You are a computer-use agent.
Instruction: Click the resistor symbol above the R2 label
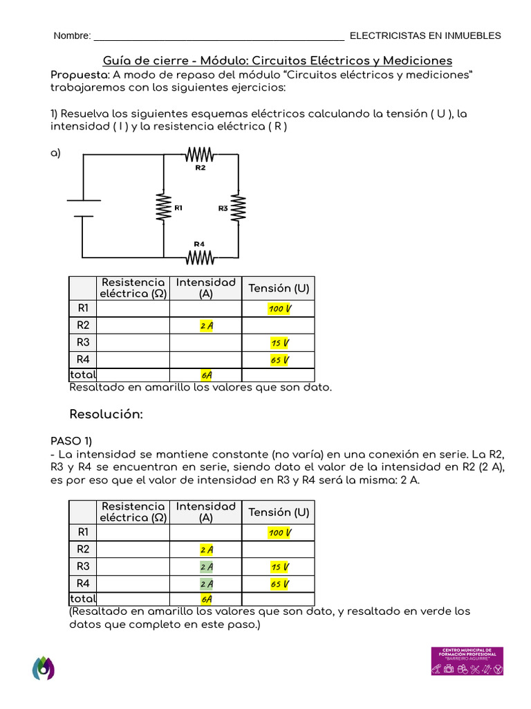coord(201,155)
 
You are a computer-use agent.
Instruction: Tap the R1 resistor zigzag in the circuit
coord(163,207)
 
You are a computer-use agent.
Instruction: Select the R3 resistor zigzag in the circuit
coord(238,208)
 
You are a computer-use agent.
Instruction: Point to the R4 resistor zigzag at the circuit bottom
coord(200,258)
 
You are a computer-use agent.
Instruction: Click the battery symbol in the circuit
coord(83,208)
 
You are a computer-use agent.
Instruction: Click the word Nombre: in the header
coord(72,36)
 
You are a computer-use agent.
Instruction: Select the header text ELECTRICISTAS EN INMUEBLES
coord(425,36)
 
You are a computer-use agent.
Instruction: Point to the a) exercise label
coord(56,153)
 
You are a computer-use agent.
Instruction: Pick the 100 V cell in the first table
coord(279,308)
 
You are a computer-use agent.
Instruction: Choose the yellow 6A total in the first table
coord(206,375)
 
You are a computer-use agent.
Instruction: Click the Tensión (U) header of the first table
coord(279,288)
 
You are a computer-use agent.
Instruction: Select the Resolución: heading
coord(106,414)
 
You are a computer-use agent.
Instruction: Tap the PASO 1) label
coord(71,441)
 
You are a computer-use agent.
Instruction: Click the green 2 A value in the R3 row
coord(206,567)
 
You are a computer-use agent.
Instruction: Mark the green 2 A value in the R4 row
coord(206,584)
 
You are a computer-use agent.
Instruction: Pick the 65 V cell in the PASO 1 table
coord(279,584)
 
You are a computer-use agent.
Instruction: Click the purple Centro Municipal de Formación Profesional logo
coord(467,661)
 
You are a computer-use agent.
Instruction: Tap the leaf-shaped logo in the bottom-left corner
coord(43,667)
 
